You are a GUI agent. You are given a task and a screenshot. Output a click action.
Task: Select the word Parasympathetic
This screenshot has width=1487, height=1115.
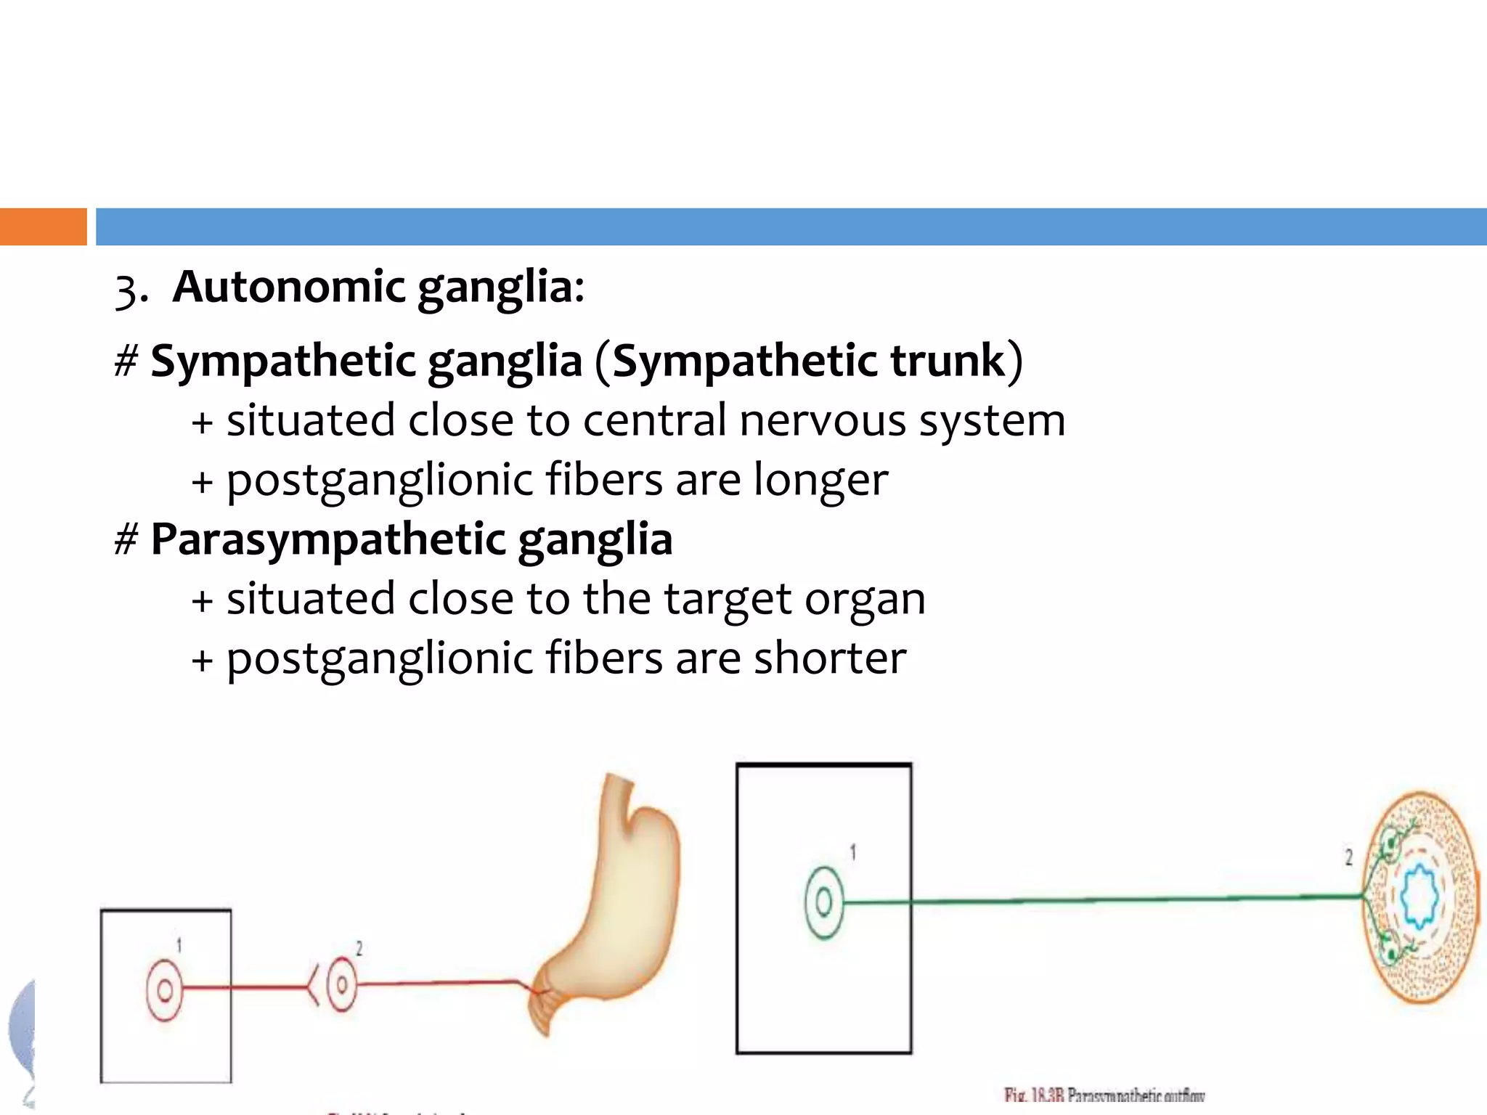pos(327,539)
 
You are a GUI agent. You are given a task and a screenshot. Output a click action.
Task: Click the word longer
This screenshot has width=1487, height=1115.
pos(820,480)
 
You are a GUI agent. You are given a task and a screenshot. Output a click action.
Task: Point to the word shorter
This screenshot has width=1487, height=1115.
pos(830,658)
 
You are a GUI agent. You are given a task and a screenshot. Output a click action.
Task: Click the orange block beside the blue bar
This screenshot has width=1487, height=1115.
pos(43,226)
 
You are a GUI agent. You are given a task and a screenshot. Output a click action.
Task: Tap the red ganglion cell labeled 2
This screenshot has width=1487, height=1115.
pos(341,985)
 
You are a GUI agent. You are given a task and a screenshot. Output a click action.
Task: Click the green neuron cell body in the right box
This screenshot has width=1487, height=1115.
pos(824,902)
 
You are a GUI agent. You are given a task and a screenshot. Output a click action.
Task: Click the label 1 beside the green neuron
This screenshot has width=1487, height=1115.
pos(853,852)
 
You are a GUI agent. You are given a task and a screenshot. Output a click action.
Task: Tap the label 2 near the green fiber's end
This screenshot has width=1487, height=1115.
pos(1349,857)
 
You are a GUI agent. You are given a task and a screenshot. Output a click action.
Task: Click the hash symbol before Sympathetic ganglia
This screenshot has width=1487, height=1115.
pos(126,362)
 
